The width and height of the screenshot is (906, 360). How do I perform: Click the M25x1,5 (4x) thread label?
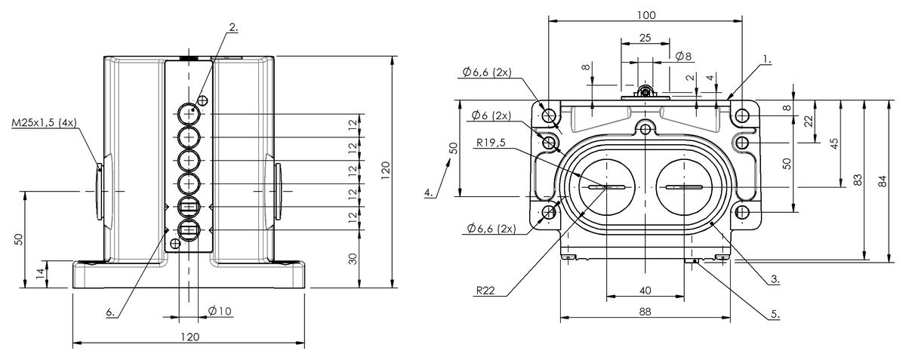(44, 122)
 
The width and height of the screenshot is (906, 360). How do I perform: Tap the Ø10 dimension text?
(220, 311)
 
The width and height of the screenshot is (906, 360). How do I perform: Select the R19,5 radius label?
(491, 143)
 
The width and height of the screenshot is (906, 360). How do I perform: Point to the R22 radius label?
(485, 290)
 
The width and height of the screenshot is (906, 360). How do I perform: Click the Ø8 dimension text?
(683, 56)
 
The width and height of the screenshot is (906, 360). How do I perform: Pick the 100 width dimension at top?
(646, 15)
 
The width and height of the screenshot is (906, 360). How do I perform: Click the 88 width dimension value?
(645, 312)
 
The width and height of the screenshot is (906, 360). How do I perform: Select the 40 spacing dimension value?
(646, 291)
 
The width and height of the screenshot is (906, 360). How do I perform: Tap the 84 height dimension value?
(883, 181)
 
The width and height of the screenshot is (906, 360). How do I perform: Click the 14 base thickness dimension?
(40, 274)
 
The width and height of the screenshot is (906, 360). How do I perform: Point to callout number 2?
(233, 27)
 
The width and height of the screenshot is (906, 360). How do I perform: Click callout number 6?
(110, 312)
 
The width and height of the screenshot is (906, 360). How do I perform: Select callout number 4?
(429, 192)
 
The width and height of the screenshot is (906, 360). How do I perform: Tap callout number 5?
(775, 314)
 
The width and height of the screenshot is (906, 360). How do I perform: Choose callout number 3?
(775, 278)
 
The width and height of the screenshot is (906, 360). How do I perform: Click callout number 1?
(767, 60)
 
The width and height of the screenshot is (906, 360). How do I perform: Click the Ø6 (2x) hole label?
(491, 115)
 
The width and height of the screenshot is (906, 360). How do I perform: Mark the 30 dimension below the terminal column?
(353, 259)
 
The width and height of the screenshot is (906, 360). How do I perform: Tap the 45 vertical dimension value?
(834, 143)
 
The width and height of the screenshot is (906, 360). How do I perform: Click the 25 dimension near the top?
(645, 38)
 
